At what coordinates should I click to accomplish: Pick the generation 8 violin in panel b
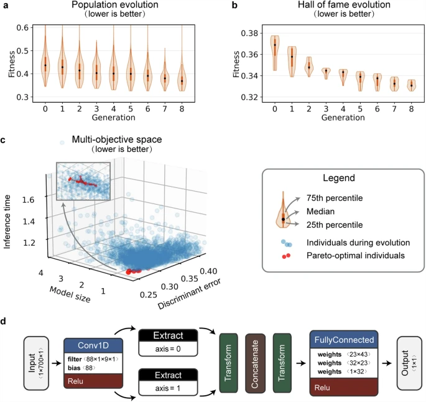click(411, 85)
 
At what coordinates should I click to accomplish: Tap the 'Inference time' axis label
click(8, 206)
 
